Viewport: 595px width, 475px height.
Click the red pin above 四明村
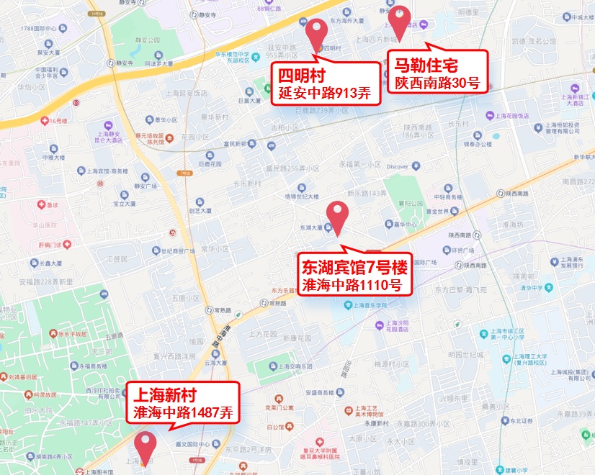pos(316,32)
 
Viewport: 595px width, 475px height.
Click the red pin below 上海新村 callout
pos(147,446)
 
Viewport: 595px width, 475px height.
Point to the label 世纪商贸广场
pos(173,250)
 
